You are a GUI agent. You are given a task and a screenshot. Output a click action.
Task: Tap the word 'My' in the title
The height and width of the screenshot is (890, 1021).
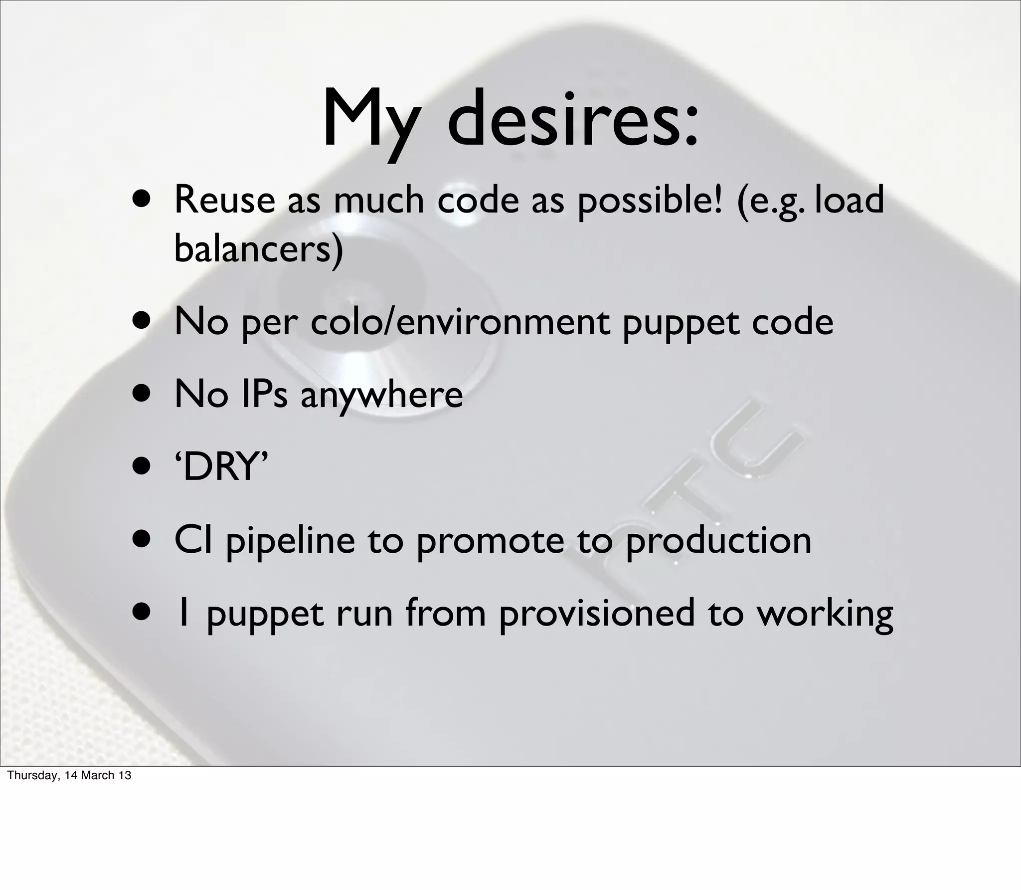[x=369, y=122]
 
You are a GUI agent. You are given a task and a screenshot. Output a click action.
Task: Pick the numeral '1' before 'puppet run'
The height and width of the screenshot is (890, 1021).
[x=183, y=613]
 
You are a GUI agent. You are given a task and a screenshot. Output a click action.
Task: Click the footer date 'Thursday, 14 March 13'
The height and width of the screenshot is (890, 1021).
[x=69, y=775]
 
